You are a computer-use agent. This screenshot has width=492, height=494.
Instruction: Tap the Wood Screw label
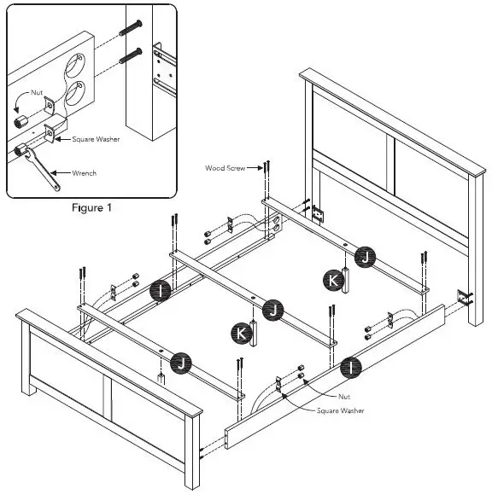(225, 168)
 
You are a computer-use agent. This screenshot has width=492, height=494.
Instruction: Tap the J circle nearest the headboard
(365, 255)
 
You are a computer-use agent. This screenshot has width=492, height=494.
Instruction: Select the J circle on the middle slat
(272, 309)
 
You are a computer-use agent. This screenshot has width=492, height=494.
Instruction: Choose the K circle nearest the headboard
(329, 279)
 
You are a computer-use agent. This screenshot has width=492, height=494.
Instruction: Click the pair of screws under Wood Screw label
(266, 175)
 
